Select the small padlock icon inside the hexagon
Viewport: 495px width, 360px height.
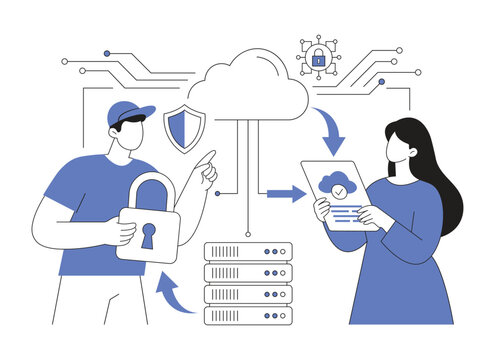(318, 59)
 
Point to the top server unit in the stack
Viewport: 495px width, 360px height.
(247, 251)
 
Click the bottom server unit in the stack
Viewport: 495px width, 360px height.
(247, 315)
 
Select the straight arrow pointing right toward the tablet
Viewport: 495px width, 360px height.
(286, 193)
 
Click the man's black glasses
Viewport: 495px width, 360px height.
(126, 122)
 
